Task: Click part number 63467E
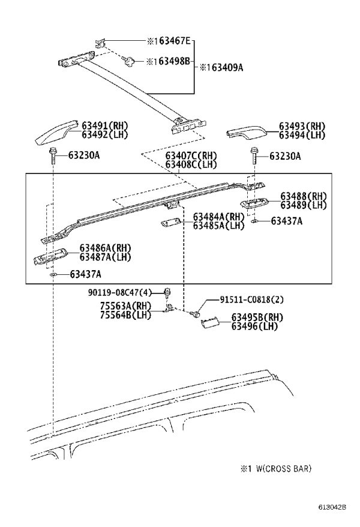coord(174,41)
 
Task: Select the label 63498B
coord(174,61)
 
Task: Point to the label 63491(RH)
coord(105,126)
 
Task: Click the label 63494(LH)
coord(302,135)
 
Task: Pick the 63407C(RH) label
coord(191,156)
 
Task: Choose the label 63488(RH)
coord(303,196)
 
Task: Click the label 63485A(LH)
coord(218,225)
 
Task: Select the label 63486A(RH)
coord(105,248)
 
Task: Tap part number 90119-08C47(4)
coord(120,292)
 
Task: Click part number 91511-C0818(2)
coord(251,299)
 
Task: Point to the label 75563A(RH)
coord(125,306)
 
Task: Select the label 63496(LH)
coord(254,326)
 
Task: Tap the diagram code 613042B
coord(332,516)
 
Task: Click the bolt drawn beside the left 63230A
coord(53,155)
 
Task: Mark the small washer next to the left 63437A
coord(53,275)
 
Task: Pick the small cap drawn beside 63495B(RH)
coord(210,323)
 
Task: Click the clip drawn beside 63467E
coord(100,43)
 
